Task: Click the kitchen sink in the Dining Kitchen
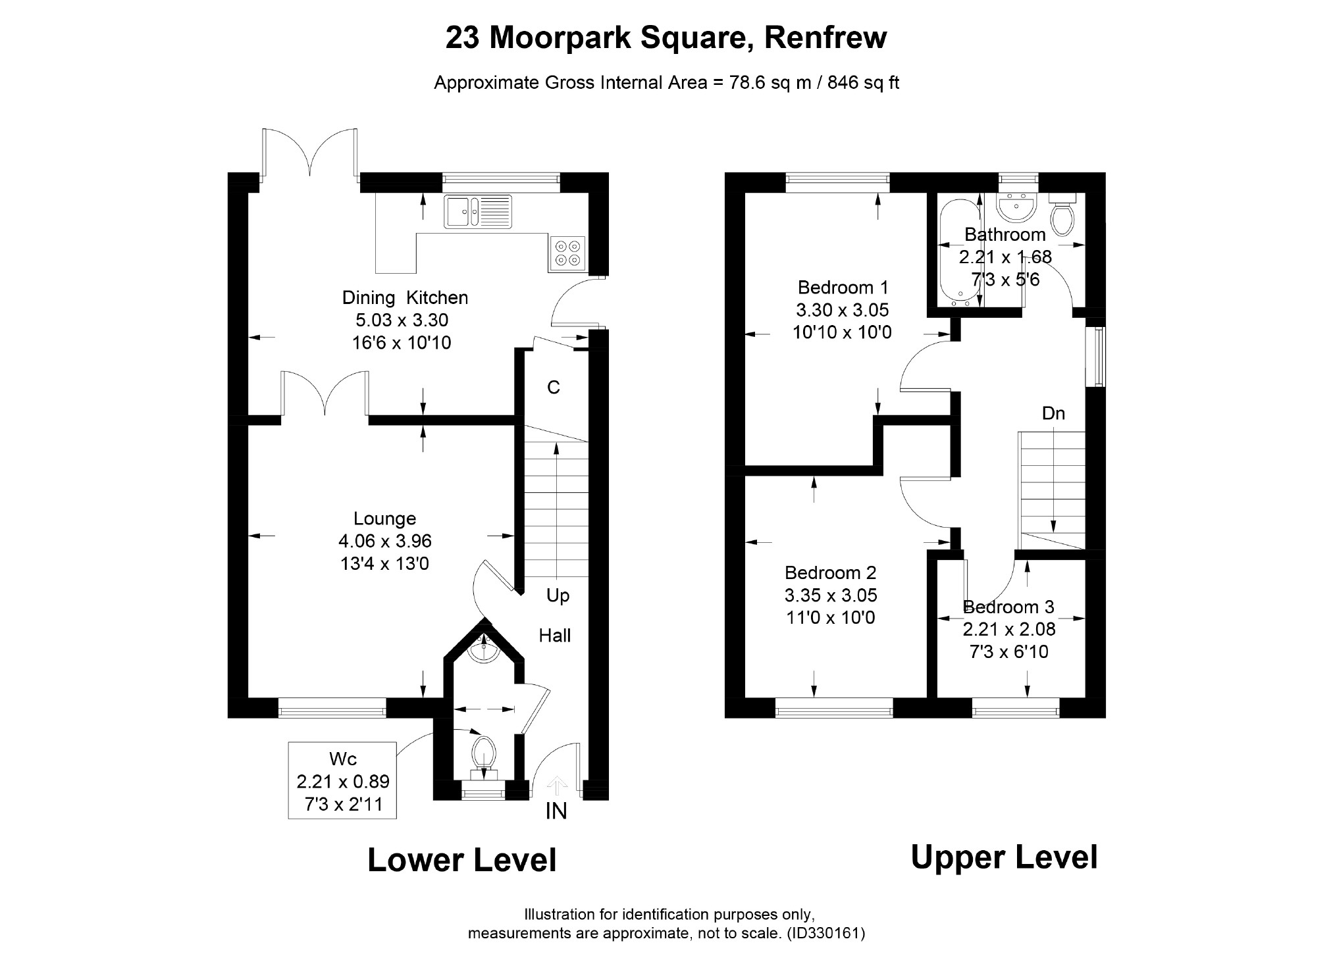[478, 211]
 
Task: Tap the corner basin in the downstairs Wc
[483, 648]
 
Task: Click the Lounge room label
[384, 519]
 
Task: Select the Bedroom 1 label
[843, 288]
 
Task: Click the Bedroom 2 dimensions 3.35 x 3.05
[831, 595]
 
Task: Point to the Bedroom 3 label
[1008, 607]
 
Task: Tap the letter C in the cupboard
[554, 388]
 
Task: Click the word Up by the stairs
[558, 596]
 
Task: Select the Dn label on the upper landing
[1053, 413]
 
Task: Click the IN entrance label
[556, 811]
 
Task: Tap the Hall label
[555, 636]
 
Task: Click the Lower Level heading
[461, 860]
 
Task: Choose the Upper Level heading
[1004, 857]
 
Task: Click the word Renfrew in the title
[825, 38]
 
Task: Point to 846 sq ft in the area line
[863, 83]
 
